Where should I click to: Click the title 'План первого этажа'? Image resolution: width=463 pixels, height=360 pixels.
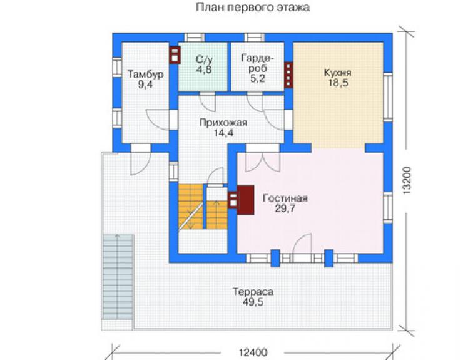tap(253, 7)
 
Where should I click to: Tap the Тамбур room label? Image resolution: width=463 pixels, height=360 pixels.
tap(145, 74)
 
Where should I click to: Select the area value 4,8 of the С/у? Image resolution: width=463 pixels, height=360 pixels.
tap(204, 69)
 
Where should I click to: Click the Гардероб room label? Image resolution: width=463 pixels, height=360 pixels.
tap(258, 63)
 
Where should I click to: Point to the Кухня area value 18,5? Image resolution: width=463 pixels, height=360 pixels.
tap(338, 83)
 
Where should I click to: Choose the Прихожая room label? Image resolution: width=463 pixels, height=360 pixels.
tap(223, 122)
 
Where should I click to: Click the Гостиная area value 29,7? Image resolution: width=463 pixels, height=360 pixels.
tap(285, 208)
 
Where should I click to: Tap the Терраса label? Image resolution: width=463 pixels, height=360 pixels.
tap(253, 292)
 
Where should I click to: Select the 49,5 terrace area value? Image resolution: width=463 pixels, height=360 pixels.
tap(253, 302)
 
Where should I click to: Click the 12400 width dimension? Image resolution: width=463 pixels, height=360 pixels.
tap(253, 352)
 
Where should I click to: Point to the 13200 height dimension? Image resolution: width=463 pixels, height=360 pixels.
tap(407, 180)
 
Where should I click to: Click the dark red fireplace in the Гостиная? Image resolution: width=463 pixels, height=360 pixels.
tap(245, 200)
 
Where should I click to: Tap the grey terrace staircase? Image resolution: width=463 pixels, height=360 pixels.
tap(118, 277)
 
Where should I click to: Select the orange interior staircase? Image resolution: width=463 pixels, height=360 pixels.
tap(203, 207)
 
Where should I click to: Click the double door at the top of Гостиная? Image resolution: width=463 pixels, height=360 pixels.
tap(263, 162)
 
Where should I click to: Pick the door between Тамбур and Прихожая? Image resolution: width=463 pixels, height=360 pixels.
tap(158, 120)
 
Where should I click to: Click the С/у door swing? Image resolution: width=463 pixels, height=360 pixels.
tap(207, 102)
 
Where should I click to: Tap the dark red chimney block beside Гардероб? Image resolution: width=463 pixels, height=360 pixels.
tap(288, 75)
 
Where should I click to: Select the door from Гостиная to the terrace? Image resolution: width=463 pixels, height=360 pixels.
tap(302, 244)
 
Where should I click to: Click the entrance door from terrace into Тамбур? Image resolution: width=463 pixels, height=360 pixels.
tap(141, 163)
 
